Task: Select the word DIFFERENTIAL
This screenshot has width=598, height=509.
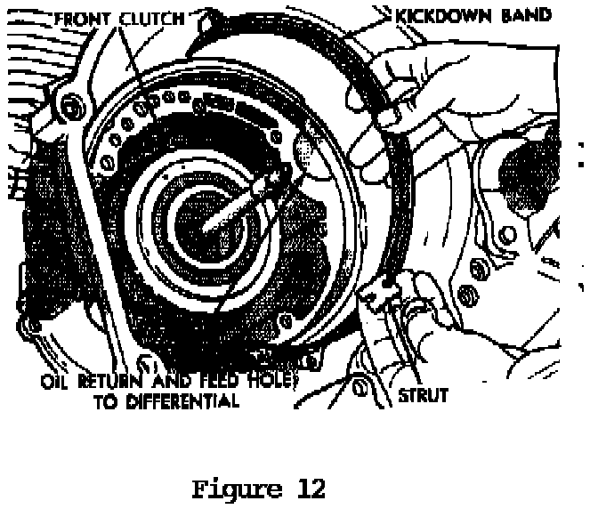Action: coord(183,401)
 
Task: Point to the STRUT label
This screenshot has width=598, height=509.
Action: coord(423,395)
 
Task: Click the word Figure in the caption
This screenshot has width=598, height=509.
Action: coord(230,489)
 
